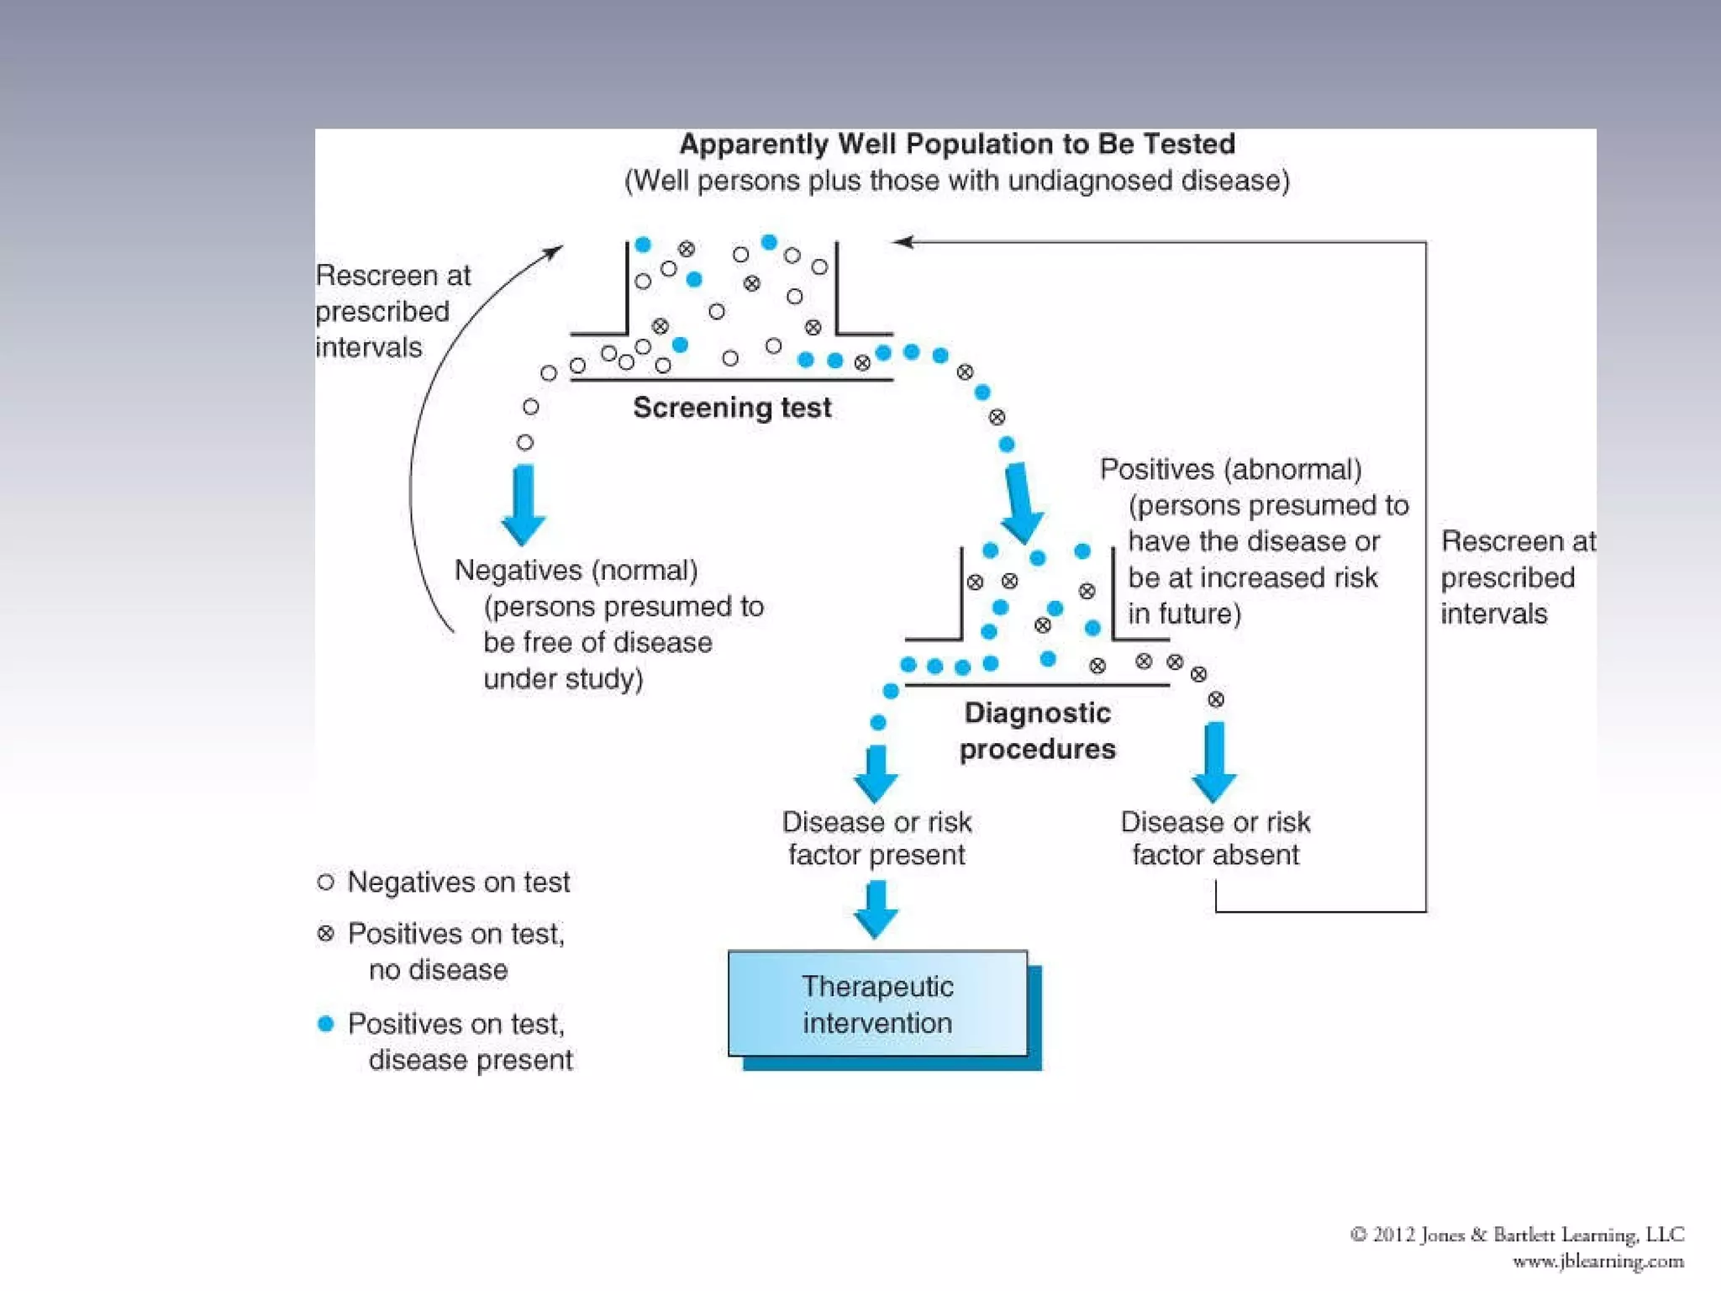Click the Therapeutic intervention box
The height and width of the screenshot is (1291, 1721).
(877, 1004)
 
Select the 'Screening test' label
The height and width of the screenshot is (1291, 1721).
(732, 408)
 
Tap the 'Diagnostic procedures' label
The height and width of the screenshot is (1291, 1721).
(1037, 730)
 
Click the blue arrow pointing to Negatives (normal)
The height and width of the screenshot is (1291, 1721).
(524, 503)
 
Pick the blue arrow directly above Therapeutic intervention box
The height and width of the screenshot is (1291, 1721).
(876, 909)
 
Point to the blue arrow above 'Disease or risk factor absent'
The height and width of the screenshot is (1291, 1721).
(1214, 761)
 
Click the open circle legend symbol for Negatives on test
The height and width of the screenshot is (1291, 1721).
(326, 882)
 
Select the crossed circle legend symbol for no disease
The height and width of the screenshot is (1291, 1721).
(326, 933)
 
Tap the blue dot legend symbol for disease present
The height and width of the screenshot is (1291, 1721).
(326, 1023)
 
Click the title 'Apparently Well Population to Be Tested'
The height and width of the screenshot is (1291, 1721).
(957, 145)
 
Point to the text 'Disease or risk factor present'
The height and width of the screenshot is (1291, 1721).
(876, 838)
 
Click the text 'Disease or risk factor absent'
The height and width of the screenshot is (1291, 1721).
(1215, 838)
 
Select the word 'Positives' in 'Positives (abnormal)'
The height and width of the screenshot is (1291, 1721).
(1156, 469)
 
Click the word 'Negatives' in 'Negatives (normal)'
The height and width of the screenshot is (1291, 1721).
(518, 571)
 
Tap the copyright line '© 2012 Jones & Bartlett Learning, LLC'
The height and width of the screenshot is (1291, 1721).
(1517, 1234)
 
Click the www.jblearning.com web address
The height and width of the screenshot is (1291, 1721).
(1597, 1261)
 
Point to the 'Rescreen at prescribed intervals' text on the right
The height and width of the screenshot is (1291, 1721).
(1517, 577)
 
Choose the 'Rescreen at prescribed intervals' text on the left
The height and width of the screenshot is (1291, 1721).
(392, 311)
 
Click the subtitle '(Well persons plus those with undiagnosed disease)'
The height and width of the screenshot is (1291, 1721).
(957, 181)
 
